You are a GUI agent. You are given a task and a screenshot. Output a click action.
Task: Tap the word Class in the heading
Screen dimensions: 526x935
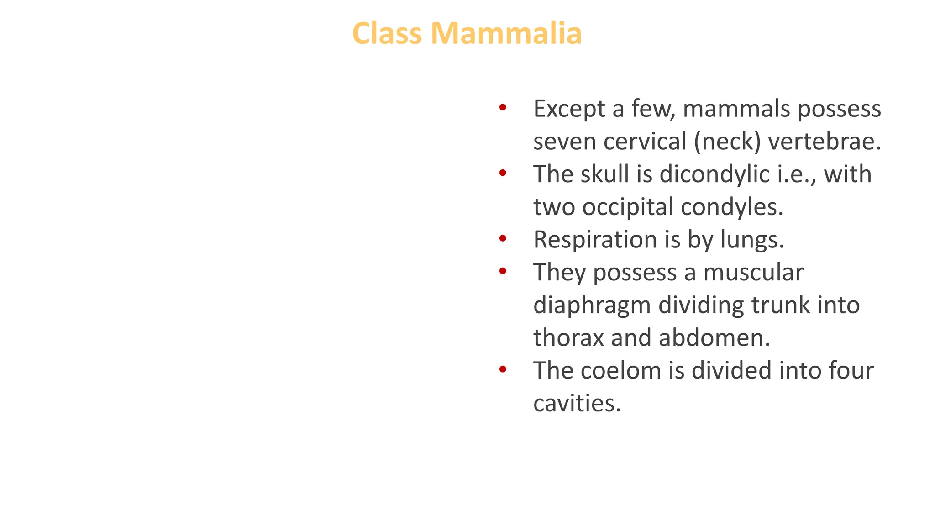[387, 34]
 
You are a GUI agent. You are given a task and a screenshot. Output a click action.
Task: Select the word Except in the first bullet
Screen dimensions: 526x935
[569, 110]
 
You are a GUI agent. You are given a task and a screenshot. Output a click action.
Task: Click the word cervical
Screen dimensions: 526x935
[645, 142]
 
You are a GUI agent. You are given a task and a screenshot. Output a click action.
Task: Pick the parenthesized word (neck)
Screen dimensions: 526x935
[727, 142]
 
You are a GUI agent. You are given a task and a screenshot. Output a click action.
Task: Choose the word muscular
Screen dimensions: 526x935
[753, 273]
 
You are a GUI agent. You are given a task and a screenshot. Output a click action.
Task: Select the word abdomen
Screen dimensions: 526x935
[714, 338]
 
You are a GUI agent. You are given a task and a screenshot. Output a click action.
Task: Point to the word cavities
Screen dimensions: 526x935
[577, 403]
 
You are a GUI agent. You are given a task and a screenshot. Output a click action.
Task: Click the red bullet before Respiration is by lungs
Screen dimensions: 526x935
[503, 238]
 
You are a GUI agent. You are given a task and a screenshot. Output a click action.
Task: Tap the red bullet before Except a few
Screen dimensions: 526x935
[503, 108]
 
